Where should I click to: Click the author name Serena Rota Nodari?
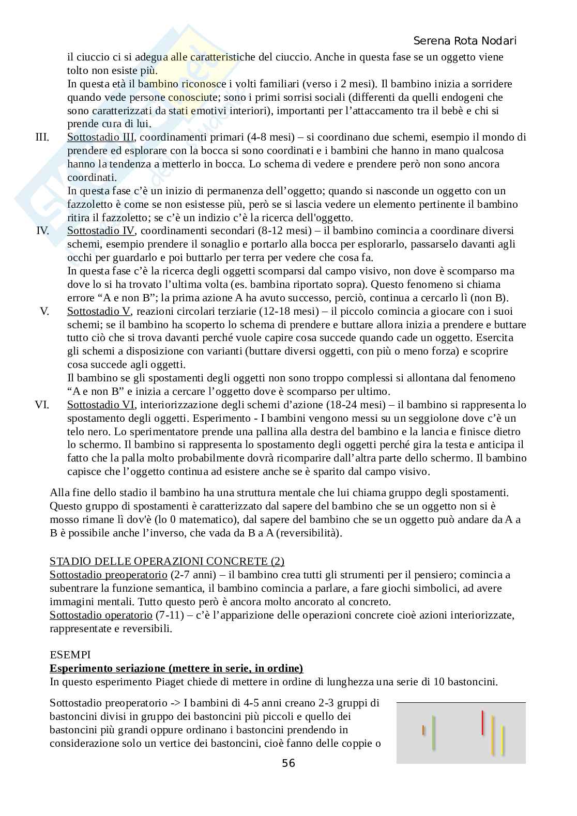(x=465, y=41)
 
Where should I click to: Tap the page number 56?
(x=288, y=763)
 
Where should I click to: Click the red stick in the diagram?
(x=482, y=722)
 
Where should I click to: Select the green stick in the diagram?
(x=433, y=732)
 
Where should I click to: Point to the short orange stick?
(x=423, y=730)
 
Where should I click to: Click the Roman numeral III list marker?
(x=42, y=137)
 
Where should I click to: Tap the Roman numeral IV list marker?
(x=42, y=230)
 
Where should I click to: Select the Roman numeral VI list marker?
(x=42, y=405)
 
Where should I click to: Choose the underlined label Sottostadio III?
(x=101, y=137)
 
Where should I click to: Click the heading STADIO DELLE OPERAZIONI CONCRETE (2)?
(x=167, y=561)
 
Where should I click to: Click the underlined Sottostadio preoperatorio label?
(x=108, y=575)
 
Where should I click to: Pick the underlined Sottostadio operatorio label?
(x=101, y=615)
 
